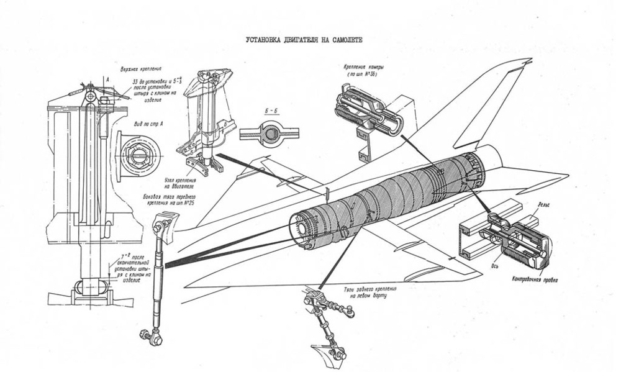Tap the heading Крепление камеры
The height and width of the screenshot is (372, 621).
point(361,65)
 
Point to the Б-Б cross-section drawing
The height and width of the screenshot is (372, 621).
point(269,133)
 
